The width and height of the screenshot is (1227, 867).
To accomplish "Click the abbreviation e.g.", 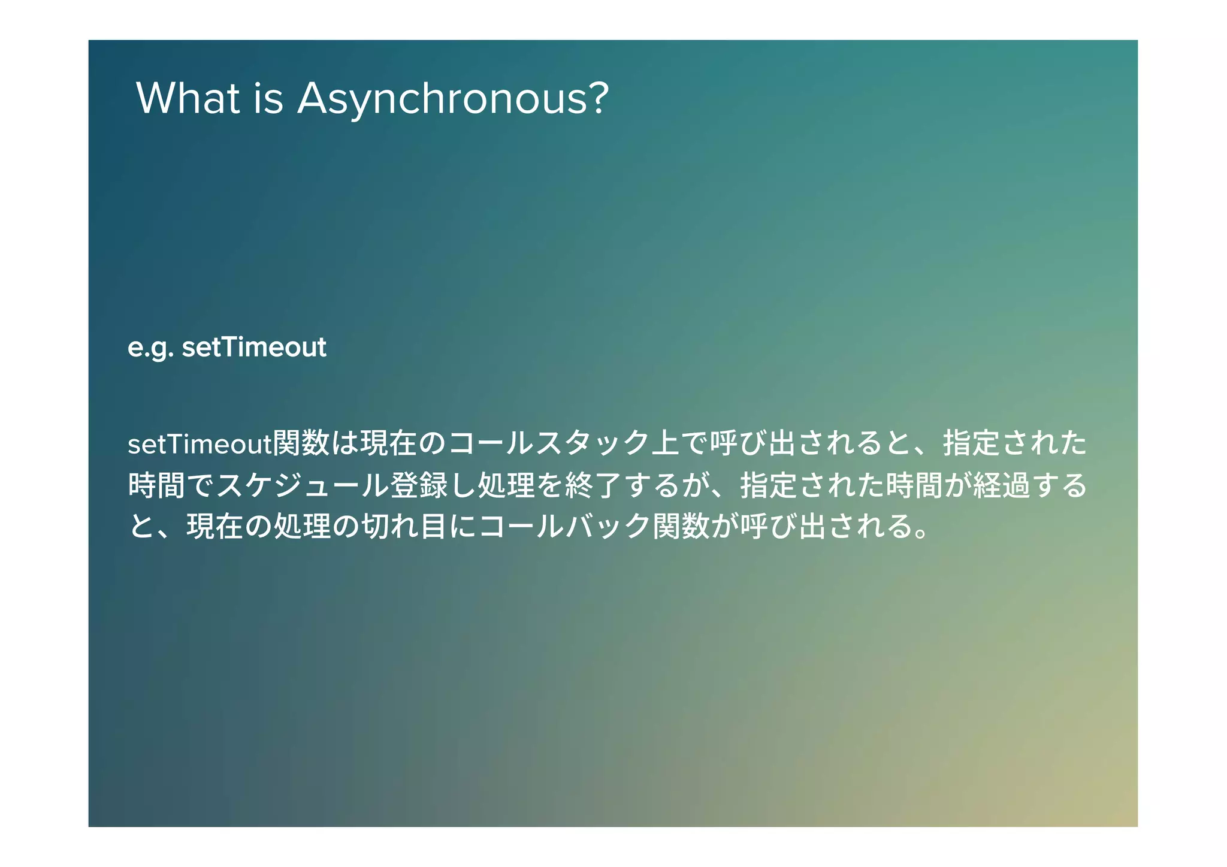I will click(150, 348).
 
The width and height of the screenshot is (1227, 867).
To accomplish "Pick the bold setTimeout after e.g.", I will click(254, 347).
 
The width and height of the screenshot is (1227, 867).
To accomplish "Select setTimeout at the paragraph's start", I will click(200, 444).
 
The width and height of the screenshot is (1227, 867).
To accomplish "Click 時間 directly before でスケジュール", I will click(156, 485).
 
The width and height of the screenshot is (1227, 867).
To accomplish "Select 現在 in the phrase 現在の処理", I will click(214, 527).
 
